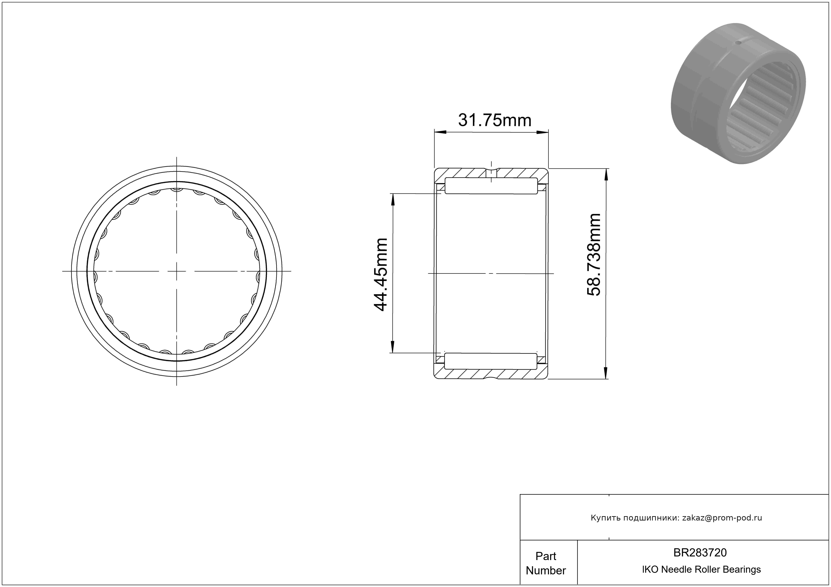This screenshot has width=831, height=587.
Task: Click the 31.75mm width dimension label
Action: click(495, 120)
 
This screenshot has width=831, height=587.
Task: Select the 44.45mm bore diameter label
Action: click(381, 274)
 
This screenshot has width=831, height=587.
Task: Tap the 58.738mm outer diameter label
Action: click(594, 255)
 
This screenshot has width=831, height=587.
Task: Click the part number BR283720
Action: click(700, 553)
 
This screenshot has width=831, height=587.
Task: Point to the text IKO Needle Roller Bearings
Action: click(701, 570)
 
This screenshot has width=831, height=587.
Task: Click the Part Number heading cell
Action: click(546, 563)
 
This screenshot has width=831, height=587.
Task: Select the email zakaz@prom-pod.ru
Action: click(722, 518)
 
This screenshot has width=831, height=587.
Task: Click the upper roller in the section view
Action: click(491, 186)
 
